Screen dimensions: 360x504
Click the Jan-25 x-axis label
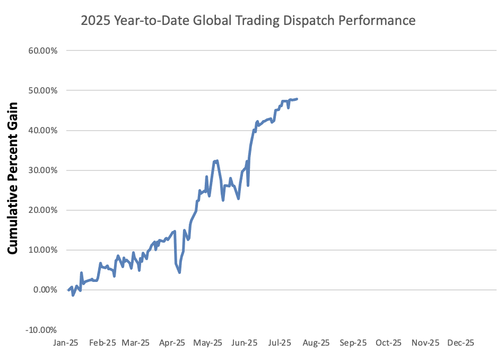tap(66, 343)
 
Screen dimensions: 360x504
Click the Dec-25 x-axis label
tap(460, 343)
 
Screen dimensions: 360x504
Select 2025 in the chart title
tap(94, 21)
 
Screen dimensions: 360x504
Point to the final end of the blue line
tap(297, 99)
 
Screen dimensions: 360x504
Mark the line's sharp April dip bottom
tap(180, 272)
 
